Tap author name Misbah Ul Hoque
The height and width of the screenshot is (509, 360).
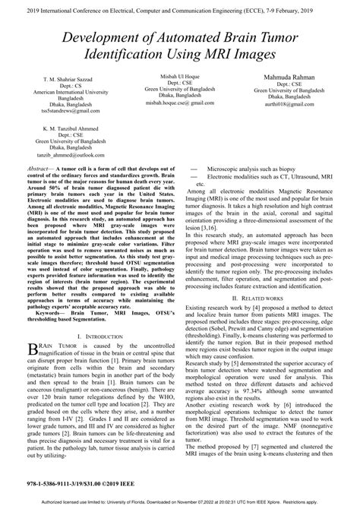[x=181, y=77]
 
